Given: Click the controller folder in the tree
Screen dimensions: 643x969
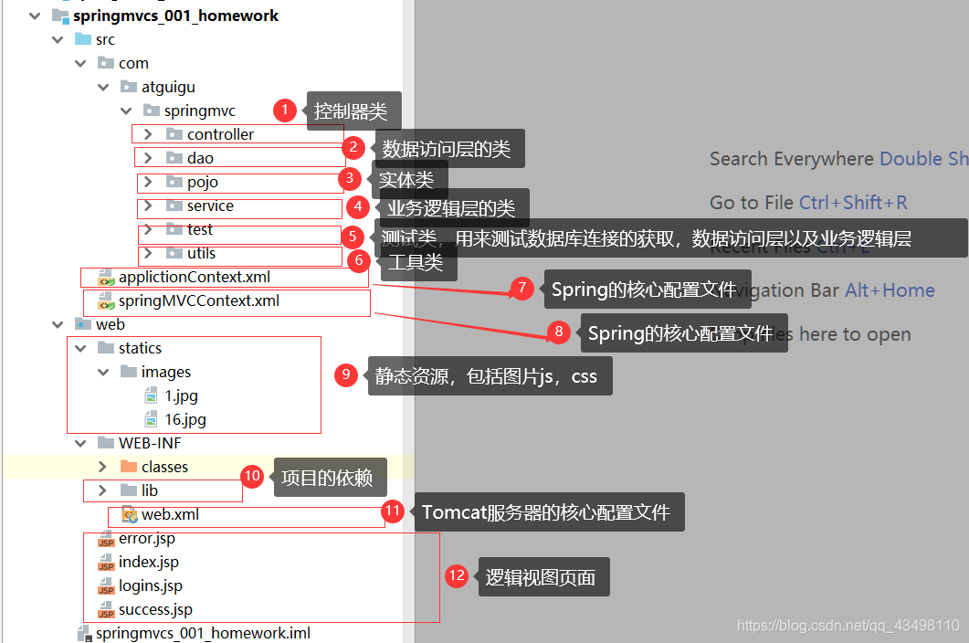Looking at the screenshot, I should pos(220,134).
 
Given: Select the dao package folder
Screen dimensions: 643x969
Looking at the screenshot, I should pos(200,158).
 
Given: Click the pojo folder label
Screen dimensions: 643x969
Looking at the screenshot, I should pos(202,182).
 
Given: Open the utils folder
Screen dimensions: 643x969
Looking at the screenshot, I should pos(201,253).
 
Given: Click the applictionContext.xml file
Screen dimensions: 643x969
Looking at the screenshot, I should pos(194,277).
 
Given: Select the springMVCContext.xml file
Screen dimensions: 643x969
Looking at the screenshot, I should pos(198,300).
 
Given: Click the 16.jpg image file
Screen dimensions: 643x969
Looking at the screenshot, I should pos(184,419).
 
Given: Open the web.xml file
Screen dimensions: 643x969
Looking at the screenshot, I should pos(169,514).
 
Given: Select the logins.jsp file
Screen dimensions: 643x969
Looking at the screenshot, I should pos(150,585).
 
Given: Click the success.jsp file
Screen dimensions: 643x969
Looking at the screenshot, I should pos(155,609).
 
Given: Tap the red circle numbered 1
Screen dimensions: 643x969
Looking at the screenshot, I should pos(285,111).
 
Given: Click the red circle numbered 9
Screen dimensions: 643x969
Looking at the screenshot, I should pos(345,374).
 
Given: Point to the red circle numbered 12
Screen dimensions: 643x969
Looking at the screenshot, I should pos(457,576).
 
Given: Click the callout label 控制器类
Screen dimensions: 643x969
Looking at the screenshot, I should pos(351,111).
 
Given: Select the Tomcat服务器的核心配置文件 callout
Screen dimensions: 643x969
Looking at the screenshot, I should pos(546,512).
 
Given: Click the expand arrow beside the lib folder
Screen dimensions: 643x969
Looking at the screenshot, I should pos(102,490).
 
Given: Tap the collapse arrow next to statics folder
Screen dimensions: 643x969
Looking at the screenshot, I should pos(79,348).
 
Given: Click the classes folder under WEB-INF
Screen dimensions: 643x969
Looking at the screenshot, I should pos(164,467).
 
